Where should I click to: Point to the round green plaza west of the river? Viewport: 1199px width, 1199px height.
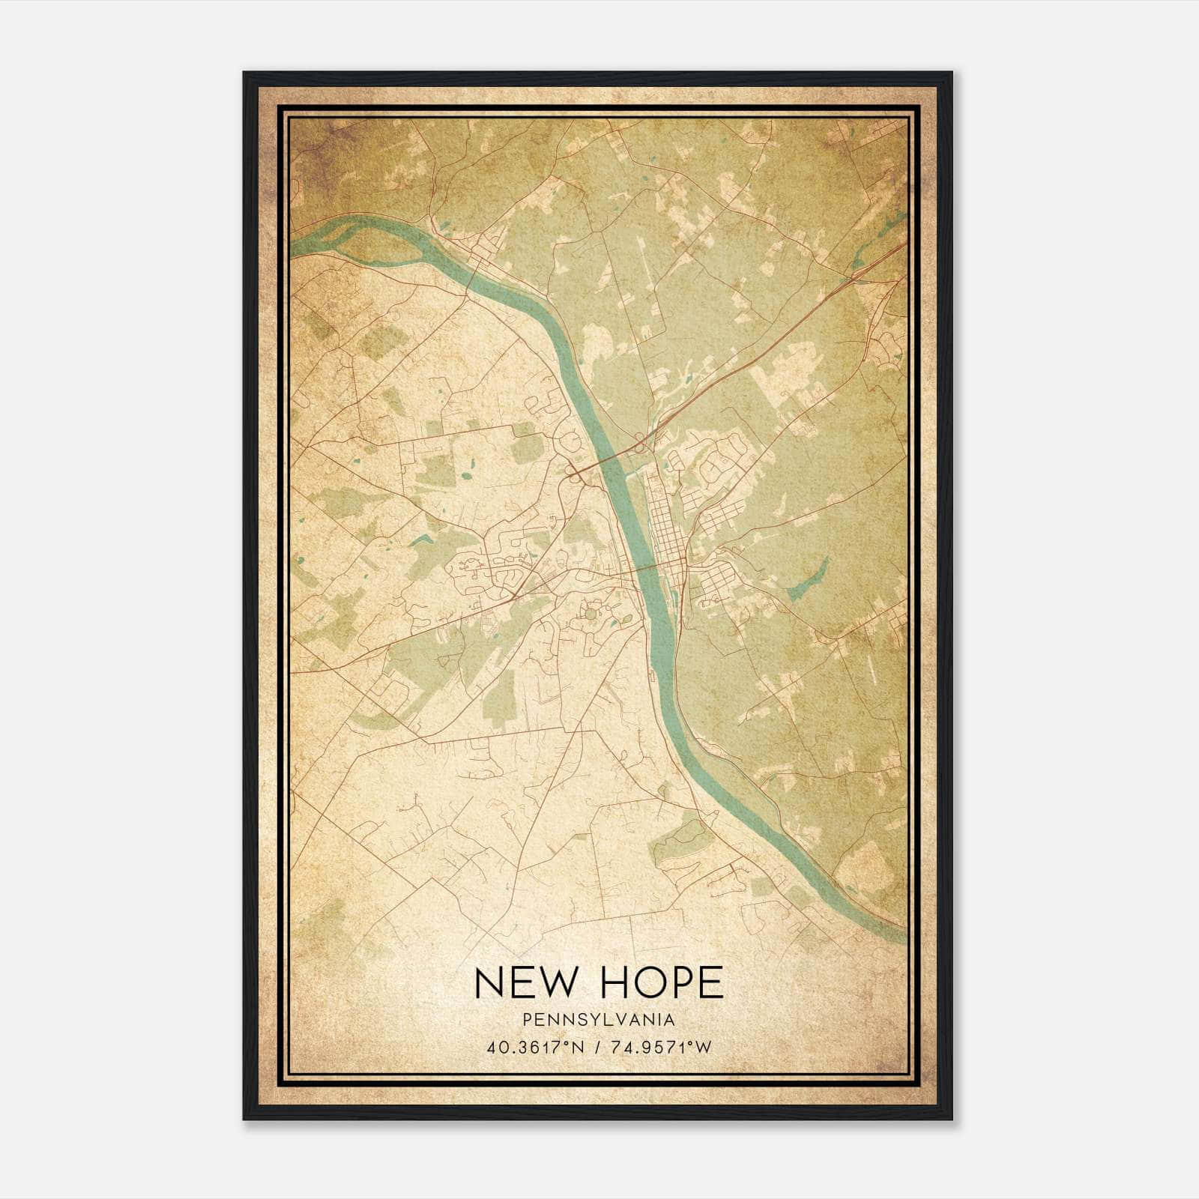point(591,614)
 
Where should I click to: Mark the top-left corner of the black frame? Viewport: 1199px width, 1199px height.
point(245,73)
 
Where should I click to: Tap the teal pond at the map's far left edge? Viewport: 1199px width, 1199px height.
point(300,560)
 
